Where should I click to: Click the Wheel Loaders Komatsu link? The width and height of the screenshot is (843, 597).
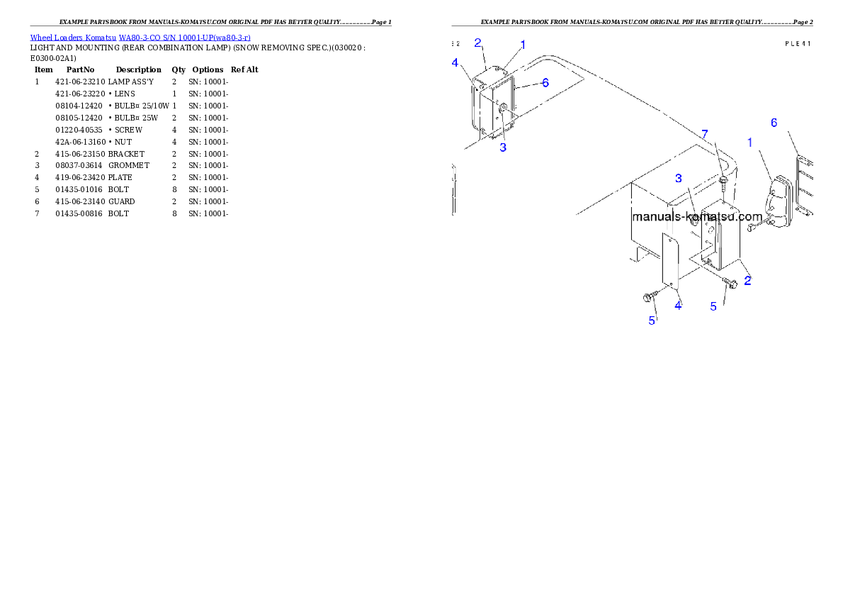click(73, 38)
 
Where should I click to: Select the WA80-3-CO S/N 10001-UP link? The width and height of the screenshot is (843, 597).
click(184, 38)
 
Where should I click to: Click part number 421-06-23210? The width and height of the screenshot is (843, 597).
click(80, 82)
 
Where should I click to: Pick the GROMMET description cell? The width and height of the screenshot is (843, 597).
click(129, 166)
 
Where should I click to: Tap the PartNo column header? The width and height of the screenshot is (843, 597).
click(80, 70)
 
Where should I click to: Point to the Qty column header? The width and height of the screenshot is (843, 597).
click(179, 70)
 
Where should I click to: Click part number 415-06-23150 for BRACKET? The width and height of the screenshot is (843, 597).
click(80, 154)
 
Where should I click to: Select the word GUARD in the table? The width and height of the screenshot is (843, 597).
click(122, 202)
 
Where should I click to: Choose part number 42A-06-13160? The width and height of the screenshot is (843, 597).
click(80, 142)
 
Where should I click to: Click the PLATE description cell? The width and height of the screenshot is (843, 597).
click(120, 178)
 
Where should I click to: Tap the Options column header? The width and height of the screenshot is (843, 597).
click(208, 70)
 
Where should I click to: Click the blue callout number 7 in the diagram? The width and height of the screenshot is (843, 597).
click(705, 134)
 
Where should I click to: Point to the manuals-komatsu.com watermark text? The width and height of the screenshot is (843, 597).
click(697, 216)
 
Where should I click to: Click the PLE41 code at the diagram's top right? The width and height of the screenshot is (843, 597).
click(798, 43)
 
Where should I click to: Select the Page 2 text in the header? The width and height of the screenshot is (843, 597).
click(803, 22)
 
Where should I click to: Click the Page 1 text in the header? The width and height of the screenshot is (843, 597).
click(382, 22)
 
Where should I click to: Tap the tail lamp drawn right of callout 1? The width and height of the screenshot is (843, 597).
click(779, 202)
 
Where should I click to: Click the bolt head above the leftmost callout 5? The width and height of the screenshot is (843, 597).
click(649, 296)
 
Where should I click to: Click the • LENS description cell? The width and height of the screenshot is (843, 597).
click(122, 94)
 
